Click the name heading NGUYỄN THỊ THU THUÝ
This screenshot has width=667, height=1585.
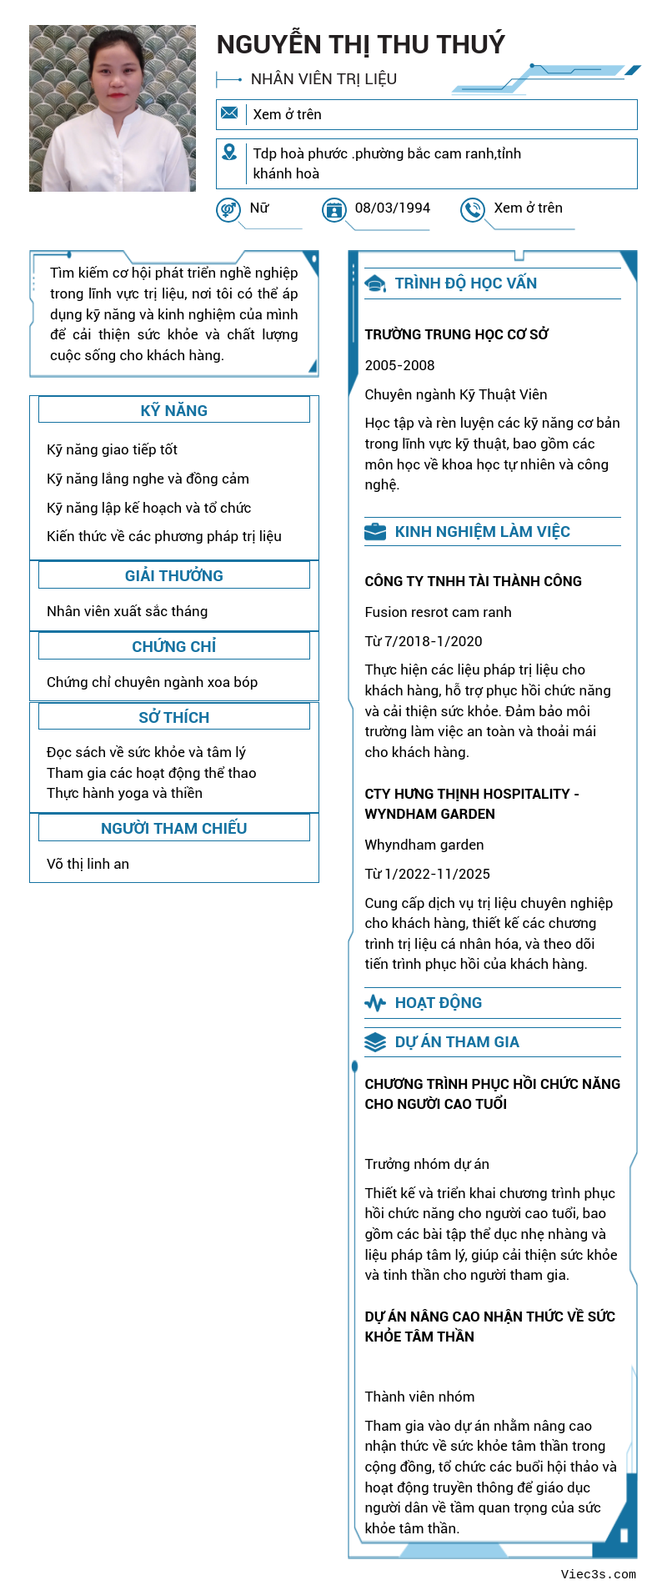click(x=360, y=44)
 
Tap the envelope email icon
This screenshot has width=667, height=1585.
click(x=230, y=113)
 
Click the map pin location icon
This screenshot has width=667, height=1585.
click(x=229, y=153)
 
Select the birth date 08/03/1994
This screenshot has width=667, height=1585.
click(x=392, y=208)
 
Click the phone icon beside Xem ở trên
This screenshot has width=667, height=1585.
click(x=473, y=210)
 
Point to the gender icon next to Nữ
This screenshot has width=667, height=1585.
click(x=228, y=210)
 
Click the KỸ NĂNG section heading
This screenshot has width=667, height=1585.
click(x=173, y=410)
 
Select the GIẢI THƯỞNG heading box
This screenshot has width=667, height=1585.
click(x=173, y=575)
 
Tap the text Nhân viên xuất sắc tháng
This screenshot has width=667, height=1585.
click(x=127, y=611)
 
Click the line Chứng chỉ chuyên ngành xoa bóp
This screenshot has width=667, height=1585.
click(x=152, y=682)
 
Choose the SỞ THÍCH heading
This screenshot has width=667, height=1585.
click(x=173, y=717)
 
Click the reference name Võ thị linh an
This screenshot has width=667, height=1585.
click(x=88, y=864)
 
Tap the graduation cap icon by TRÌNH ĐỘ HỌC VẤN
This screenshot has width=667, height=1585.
click(x=375, y=283)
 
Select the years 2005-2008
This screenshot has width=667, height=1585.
click(x=399, y=365)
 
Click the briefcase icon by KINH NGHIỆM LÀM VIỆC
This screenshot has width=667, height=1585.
click(x=375, y=532)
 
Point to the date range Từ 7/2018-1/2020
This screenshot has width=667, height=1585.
click(x=423, y=641)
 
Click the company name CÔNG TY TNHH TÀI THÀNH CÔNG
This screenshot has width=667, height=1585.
click(x=473, y=581)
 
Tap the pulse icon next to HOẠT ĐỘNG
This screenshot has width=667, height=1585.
click(x=375, y=1003)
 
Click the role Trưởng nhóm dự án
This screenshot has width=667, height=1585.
click(x=427, y=1164)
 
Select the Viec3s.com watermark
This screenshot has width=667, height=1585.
click(x=598, y=1574)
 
